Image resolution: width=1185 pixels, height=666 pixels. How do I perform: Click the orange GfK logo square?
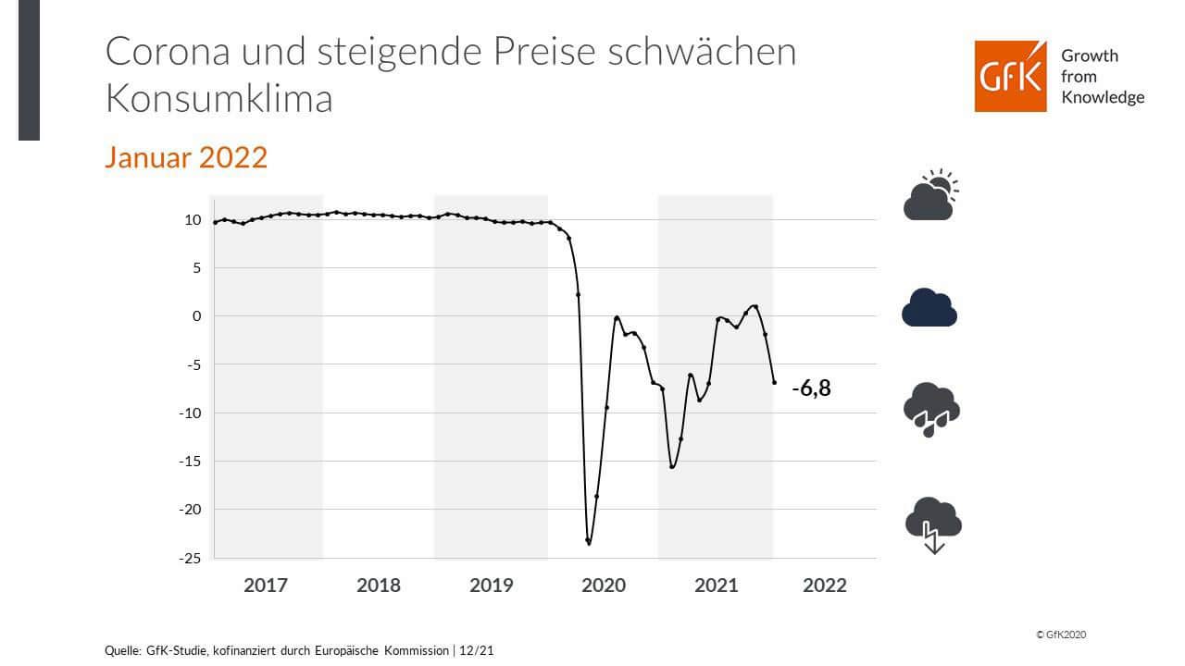1010,77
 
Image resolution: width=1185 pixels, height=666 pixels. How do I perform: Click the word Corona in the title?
160,52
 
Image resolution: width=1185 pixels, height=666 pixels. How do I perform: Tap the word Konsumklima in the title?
219,99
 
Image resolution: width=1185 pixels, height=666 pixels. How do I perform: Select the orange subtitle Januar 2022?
186,157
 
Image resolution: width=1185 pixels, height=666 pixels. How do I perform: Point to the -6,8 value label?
811,388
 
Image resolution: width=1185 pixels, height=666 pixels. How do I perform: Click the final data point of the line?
774,382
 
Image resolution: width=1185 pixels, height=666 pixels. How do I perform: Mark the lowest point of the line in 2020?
589,543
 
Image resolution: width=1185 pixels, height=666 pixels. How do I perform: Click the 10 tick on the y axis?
193,220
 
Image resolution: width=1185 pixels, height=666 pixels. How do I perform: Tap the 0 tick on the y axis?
196,316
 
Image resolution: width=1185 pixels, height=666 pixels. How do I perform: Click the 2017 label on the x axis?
266,586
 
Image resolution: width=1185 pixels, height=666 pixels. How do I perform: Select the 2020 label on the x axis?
603,586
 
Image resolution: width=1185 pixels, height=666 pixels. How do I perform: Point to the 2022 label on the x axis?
825,586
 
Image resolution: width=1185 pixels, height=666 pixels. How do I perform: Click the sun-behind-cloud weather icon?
930,195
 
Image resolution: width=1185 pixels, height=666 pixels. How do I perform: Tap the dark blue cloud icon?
929,307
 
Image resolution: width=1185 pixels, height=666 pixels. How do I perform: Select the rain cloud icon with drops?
931,409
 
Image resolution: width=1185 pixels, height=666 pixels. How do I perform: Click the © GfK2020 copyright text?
1061,635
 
